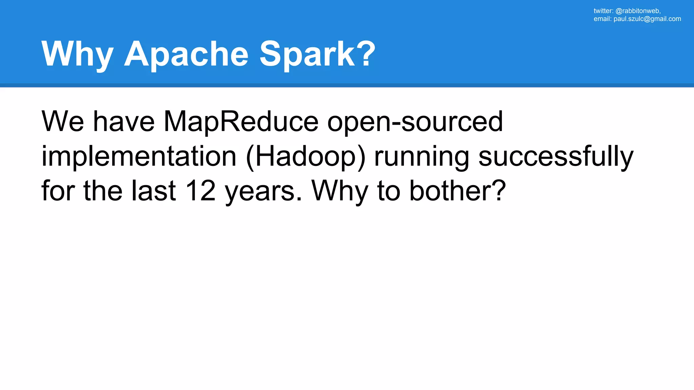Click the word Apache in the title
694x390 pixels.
(x=186, y=54)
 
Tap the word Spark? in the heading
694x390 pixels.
(x=318, y=54)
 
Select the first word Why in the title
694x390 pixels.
(x=77, y=54)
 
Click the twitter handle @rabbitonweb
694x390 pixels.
(x=638, y=11)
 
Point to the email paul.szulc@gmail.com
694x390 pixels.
(x=647, y=19)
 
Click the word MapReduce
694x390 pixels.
(x=241, y=122)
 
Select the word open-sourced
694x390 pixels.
(x=415, y=122)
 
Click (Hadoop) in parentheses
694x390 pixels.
(x=306, y=156)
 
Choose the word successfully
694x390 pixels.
(x=556, y=156)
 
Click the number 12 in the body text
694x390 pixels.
(x=201, y=191)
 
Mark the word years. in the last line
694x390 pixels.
(x=263, y=192)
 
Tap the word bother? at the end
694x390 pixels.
(x=457, y=191)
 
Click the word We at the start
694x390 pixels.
(x=63, y=122)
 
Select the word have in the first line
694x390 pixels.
(x=124, y=122)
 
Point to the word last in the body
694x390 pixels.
(x=154, y=191)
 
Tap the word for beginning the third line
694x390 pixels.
(x=58, y=191)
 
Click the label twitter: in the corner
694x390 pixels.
(x=603, y=11)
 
